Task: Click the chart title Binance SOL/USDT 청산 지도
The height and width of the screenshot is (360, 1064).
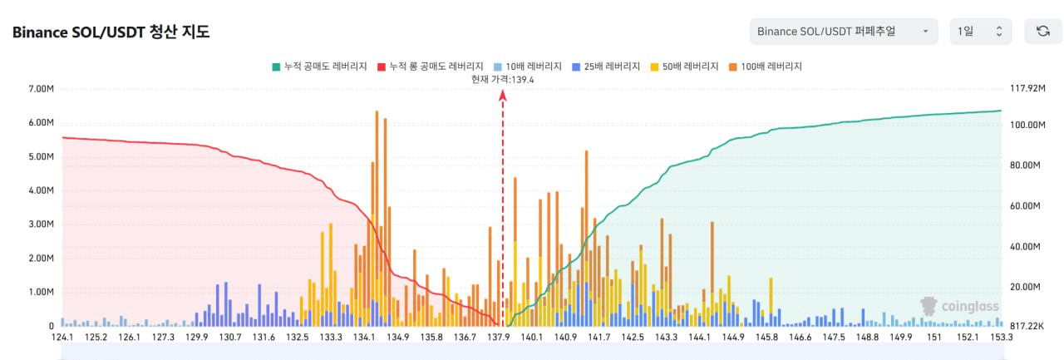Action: pos(111,32)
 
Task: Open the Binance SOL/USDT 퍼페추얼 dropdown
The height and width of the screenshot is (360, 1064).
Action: pos(843,32)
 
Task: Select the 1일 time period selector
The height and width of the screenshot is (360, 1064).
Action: pos(980,32)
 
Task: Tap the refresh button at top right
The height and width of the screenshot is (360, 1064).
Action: pos(1042,32)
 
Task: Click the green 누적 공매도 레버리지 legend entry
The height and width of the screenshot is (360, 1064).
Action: pos(319,66)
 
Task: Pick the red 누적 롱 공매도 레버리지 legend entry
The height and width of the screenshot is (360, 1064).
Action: pos(430,66)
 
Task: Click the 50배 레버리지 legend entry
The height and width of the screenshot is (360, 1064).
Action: pos(685,66)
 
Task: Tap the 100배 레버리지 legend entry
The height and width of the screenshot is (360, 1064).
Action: pos(766,66)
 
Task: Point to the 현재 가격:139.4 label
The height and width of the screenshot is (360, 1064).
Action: pos(502,79)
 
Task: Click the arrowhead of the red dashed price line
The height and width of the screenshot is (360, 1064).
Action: pos(502,95)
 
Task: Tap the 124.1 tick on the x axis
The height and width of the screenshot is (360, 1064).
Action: pos(62,338)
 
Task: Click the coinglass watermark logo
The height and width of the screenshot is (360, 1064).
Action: pos(959,306)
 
